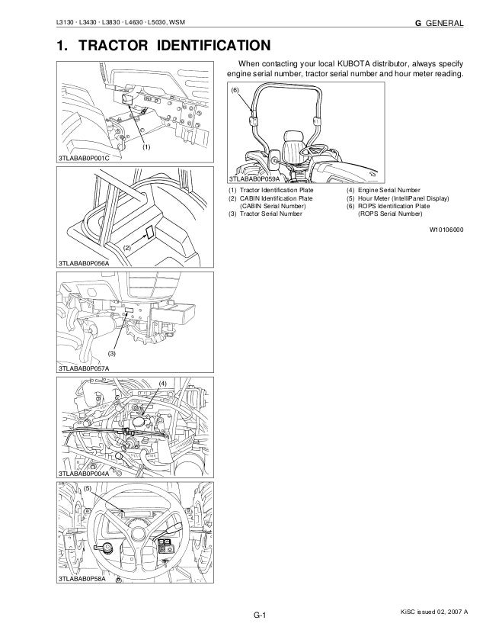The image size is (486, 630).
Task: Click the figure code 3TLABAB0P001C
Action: tap(85, 158)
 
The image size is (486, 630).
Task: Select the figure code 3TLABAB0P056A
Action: tap(85, 263)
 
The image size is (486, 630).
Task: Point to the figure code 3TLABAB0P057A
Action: tap(85, 368)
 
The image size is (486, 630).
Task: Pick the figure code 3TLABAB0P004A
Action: tap(85, 474)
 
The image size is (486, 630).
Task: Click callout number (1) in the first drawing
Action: tap(145, 144)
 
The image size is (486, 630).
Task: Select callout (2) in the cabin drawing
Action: tap(127, 249)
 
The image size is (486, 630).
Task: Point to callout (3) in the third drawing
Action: tap(111, 354)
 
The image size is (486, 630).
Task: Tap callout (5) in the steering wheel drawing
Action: tap(88, 487)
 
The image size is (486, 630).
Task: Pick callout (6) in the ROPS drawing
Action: tap(235, 91)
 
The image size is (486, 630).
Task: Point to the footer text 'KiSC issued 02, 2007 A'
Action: tap(431, 612)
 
